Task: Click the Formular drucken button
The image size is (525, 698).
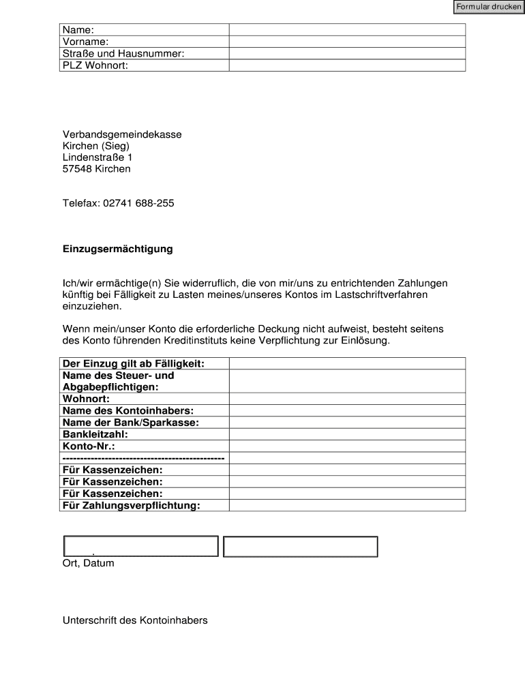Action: pyautogui.click(x=488, y=7)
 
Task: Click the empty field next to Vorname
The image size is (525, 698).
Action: pyautogui.click(x=347, y=42)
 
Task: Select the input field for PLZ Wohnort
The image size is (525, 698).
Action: pyautogui.click(x=347, y=65)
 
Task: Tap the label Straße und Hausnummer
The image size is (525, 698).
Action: pyautogui.click(x=123, y=53)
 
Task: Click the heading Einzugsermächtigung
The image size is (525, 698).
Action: pyautogui.click(x=117, y=249)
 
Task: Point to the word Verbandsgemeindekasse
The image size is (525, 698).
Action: pyautogui.click(x=122, y=134)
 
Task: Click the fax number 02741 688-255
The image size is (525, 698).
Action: pyautogui.click(x=138, y=203)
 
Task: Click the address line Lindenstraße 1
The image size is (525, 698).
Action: pyautogui.click(x=97, y=157)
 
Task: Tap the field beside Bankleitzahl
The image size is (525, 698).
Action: pyautogui.click(x=347, y=434)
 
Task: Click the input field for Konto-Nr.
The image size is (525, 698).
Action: pyautogui.click(x=347, y=446)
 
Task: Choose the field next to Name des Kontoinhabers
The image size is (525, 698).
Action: pyautogui.click(x=347, y=411)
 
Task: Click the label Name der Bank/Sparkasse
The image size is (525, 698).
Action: pyautogui.click(x=130, y=423)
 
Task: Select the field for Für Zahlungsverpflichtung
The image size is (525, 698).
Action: pyautogui.click(x=347, y=505)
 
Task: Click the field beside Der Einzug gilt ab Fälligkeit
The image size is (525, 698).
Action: pyautogui.click(x=347, y=363)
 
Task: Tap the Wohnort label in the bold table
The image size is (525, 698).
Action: pyautogui.click(x=86, y=399)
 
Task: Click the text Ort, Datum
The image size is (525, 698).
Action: pyautogui.click(x=89, y=564)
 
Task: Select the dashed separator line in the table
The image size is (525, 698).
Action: pyautogui.click(x=143, y=458)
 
